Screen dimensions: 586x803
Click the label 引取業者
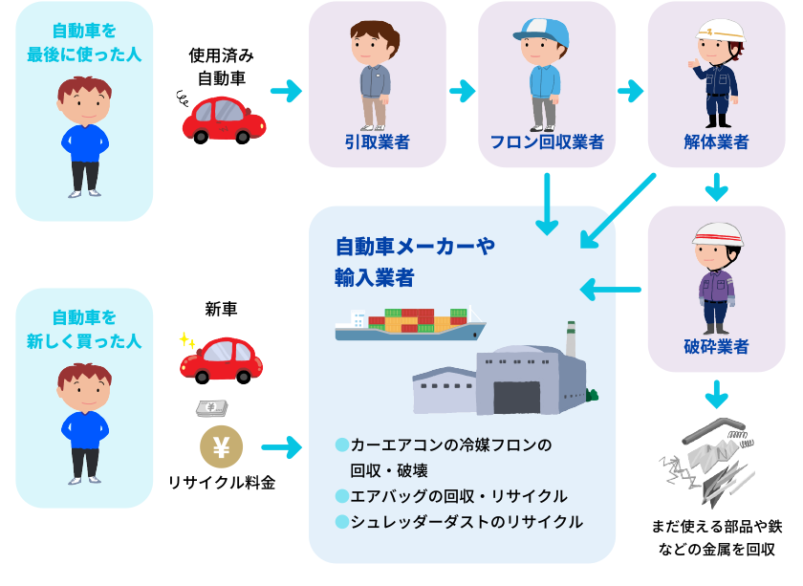tap(377, 142)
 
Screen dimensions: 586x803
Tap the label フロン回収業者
tap(546, 142)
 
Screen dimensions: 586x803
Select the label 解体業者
tap(716, 142)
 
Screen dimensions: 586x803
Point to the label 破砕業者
tap(716, 346)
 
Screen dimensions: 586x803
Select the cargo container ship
tap(409, 324)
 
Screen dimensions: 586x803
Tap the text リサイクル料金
tap(221, 483)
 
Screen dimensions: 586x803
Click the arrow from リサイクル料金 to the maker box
tap(281, 446)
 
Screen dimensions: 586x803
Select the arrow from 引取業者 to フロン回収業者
tap(462, 92)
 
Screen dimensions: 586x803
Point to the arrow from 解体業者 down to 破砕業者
tap(716, 185)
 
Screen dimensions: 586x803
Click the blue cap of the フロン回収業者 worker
tap(540, 30)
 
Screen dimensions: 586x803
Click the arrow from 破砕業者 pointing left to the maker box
tap(612, 288)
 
